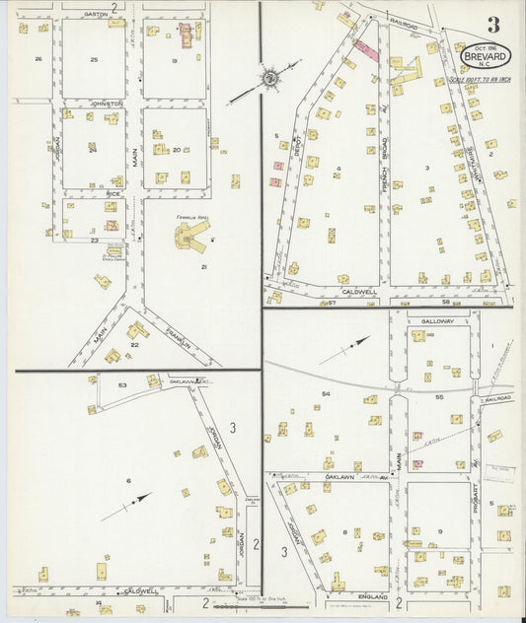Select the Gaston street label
coord(96,15)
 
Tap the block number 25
coord(94,60)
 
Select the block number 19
coord(174,60)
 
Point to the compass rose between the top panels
coord(266,77)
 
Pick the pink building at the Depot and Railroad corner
coord(364,49)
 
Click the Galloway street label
coord(435,321)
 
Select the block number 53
coord(122,385)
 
